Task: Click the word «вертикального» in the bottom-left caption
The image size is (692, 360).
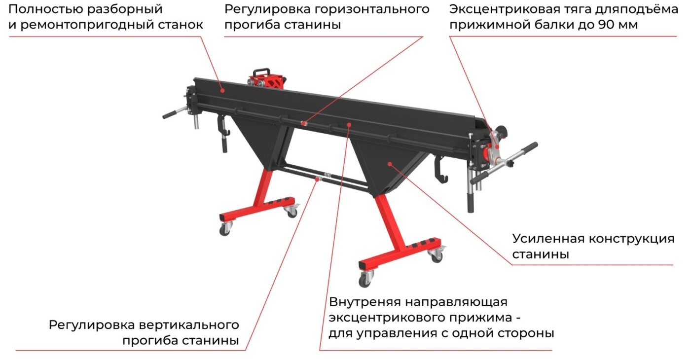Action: (x=189, y=325)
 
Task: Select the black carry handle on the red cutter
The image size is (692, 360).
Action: (x=262, y=72)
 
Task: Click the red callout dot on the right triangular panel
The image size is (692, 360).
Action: (x=390, y=164)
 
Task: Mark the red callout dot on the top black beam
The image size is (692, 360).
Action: (x=222, y=90)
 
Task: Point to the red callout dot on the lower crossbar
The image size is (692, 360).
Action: (x=317, y=179)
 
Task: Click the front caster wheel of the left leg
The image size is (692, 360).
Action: (x=224, y=230)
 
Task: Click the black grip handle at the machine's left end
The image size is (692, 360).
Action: (x=171, y=114)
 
